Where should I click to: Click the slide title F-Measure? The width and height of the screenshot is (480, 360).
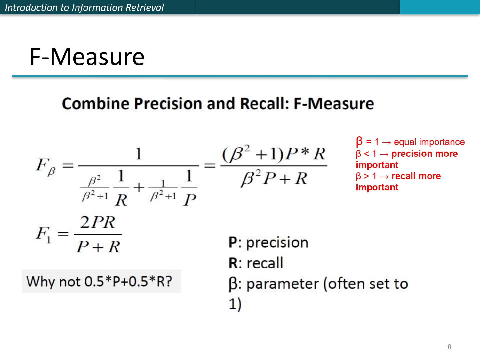(87, 57)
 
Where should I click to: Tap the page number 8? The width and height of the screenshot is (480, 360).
(449, 347)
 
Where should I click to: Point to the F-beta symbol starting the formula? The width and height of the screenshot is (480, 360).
(46, 166)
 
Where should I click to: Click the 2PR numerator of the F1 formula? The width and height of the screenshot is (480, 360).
(97, 222)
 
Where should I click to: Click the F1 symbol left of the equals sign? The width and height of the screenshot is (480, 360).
(44, 235)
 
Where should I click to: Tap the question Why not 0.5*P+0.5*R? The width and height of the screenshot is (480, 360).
(99, 282)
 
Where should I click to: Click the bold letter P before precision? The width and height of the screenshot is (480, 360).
(233, 243)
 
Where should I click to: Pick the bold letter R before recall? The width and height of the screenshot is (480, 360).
(233, 263)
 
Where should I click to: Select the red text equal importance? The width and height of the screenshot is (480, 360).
(429, 142)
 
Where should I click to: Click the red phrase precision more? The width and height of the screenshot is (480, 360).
(424, 154)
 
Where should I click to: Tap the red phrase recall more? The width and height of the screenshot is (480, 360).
(416, 176)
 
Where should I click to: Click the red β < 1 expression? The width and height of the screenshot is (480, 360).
(366, 154)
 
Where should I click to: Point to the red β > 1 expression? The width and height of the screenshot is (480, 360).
(366, 176)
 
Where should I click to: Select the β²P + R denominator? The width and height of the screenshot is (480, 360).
(274, 178)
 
